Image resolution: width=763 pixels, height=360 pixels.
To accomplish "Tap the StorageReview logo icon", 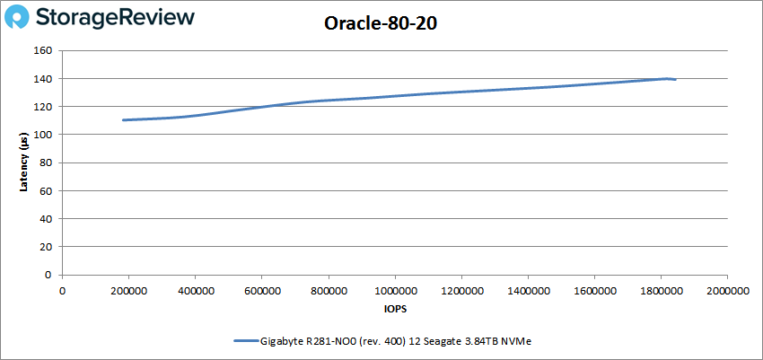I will coord(19,17).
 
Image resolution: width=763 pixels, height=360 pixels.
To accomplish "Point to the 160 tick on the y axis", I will coord(43,51).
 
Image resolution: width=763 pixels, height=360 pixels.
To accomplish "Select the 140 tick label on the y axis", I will coord(43,79).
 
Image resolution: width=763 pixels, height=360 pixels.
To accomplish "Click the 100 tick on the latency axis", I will coord(43,135).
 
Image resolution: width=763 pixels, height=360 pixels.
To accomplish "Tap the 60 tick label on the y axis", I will coord(46,191).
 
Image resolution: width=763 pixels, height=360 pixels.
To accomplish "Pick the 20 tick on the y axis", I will coord(46,247).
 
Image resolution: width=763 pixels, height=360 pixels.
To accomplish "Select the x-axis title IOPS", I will coord(394,311).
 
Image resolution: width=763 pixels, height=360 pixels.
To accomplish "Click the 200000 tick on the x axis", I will coord(128,291).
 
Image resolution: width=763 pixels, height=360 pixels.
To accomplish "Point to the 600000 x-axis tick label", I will coord(261,291).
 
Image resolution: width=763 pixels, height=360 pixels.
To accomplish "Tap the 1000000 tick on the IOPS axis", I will coord(394,291).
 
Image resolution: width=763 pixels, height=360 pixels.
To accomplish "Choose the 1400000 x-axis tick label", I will coord(527,291).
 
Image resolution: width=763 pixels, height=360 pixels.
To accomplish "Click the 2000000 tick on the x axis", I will coord(726,291).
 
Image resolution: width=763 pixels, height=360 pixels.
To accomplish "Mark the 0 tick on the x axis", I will coord(62,291).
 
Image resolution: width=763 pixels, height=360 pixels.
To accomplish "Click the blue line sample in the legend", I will coord(245,341).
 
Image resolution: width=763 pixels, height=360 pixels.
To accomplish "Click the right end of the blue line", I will coord(675,80).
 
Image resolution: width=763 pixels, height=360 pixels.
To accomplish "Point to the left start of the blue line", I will coord(124,120).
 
